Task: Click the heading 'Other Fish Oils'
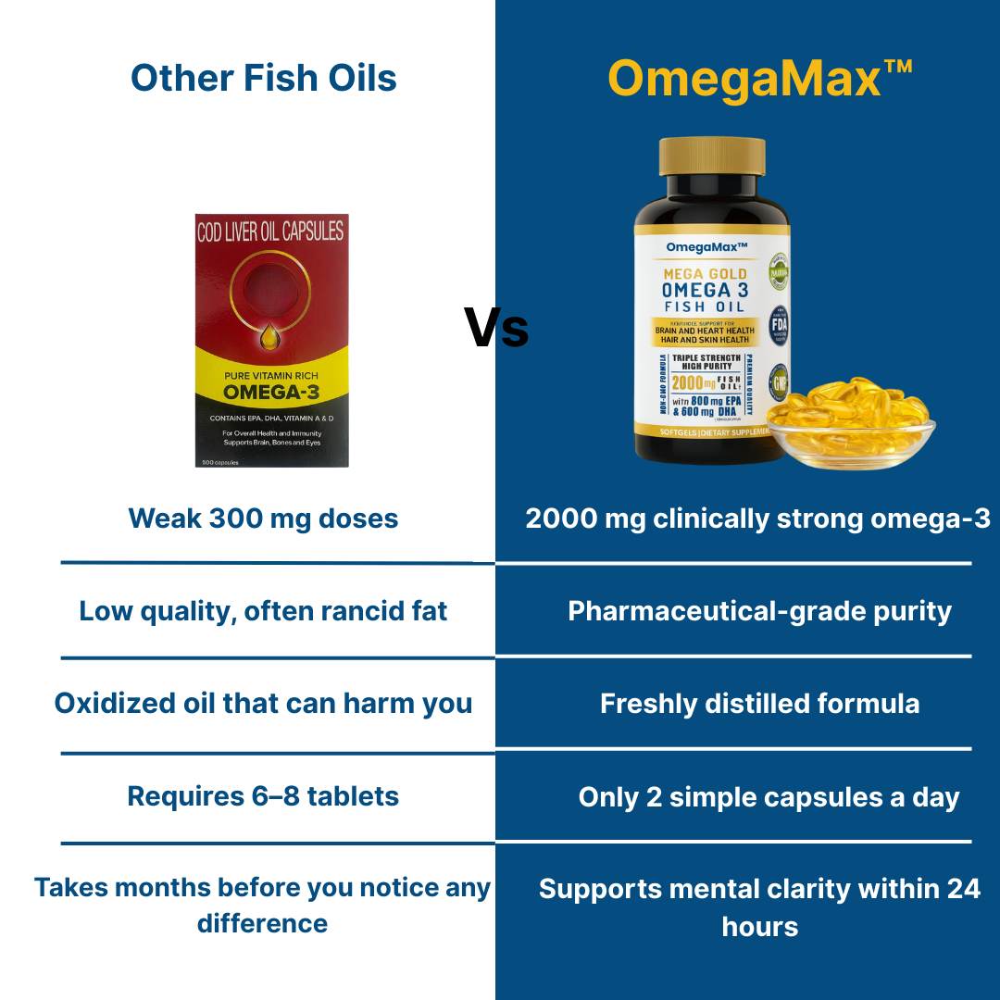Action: click(264, 78)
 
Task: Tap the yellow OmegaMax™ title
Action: click(760, 78)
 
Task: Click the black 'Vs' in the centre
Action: click(496, 330)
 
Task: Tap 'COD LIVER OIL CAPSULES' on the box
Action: click(271, 231)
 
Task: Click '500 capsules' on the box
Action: click(221, 461)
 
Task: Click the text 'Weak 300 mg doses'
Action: click(263, 519)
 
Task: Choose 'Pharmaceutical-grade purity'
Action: click(759, 611)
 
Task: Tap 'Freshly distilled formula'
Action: click(759, 704)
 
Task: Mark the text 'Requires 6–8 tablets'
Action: click(263, 796)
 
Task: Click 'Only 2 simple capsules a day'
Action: click(769, 797)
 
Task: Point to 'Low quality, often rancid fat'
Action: click(263, 611)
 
